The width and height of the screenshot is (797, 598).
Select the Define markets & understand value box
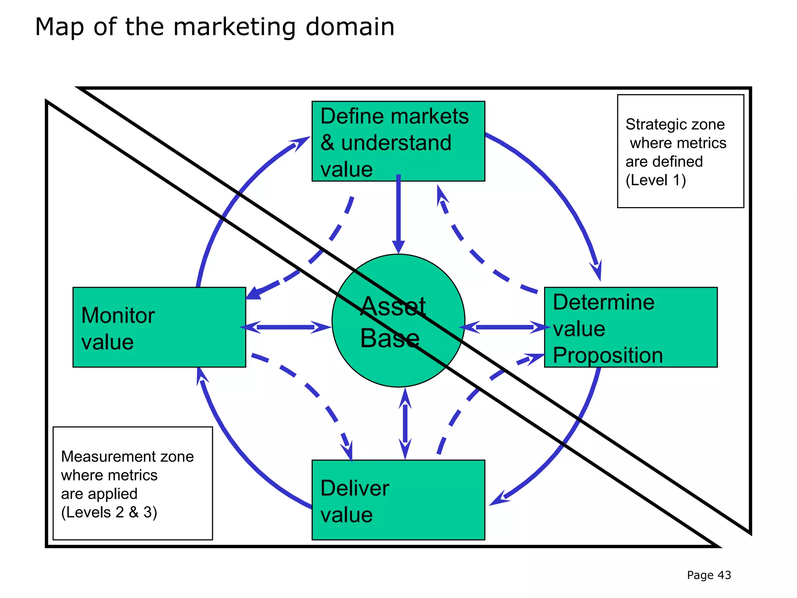(x=398, y=141)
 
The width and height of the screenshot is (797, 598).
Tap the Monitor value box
(x=159, y=327)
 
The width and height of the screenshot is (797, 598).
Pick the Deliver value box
(x=398, y=500)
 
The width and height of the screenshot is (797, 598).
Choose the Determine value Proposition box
(x=630, y=327)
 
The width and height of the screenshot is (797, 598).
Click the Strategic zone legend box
(x=680, y=151)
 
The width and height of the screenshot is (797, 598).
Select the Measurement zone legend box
(x=132, y=483)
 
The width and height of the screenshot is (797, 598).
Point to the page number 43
(x=724, y=575)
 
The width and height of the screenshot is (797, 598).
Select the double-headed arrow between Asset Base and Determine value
(x=505, y=327)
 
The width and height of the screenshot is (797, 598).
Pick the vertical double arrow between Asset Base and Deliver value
(x=405, y=424)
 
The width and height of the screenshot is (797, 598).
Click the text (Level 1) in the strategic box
(x=655, y=180)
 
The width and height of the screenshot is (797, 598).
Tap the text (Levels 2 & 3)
(x=109, y=512)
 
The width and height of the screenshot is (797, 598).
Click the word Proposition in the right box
(x=607, y=355)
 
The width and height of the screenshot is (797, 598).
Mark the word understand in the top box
(x=396, y=143)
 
